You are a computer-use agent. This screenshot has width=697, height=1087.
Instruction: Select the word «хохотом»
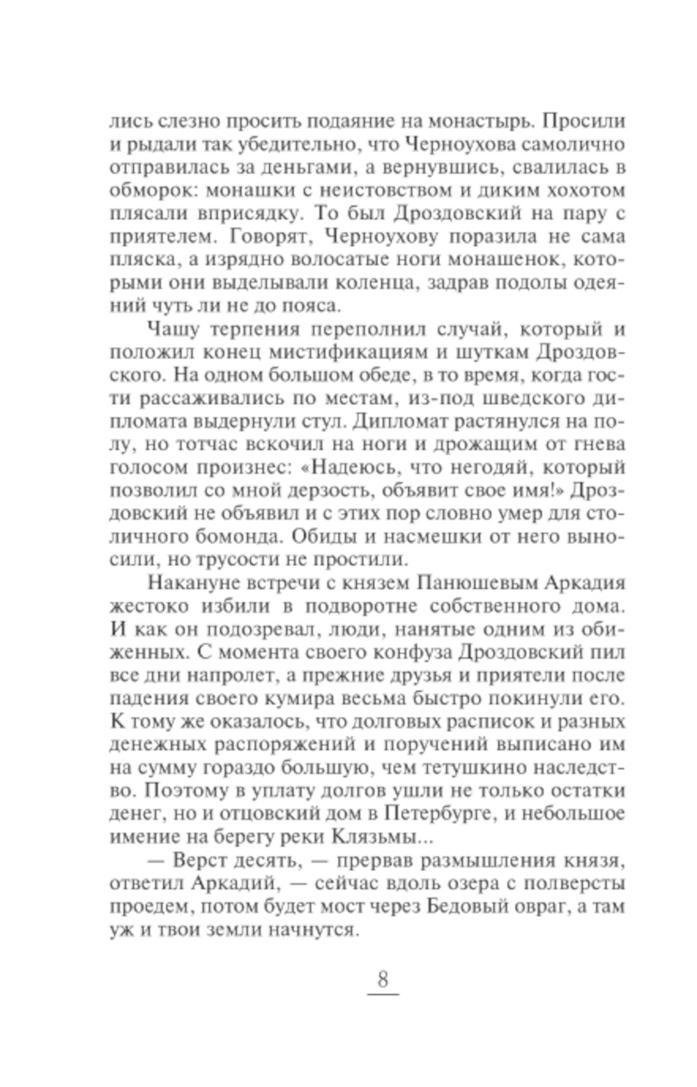pos(585,191)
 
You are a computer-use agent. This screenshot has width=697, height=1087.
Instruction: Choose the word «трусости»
pos(277,562)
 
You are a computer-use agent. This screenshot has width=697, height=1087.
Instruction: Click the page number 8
pos(382,979)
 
